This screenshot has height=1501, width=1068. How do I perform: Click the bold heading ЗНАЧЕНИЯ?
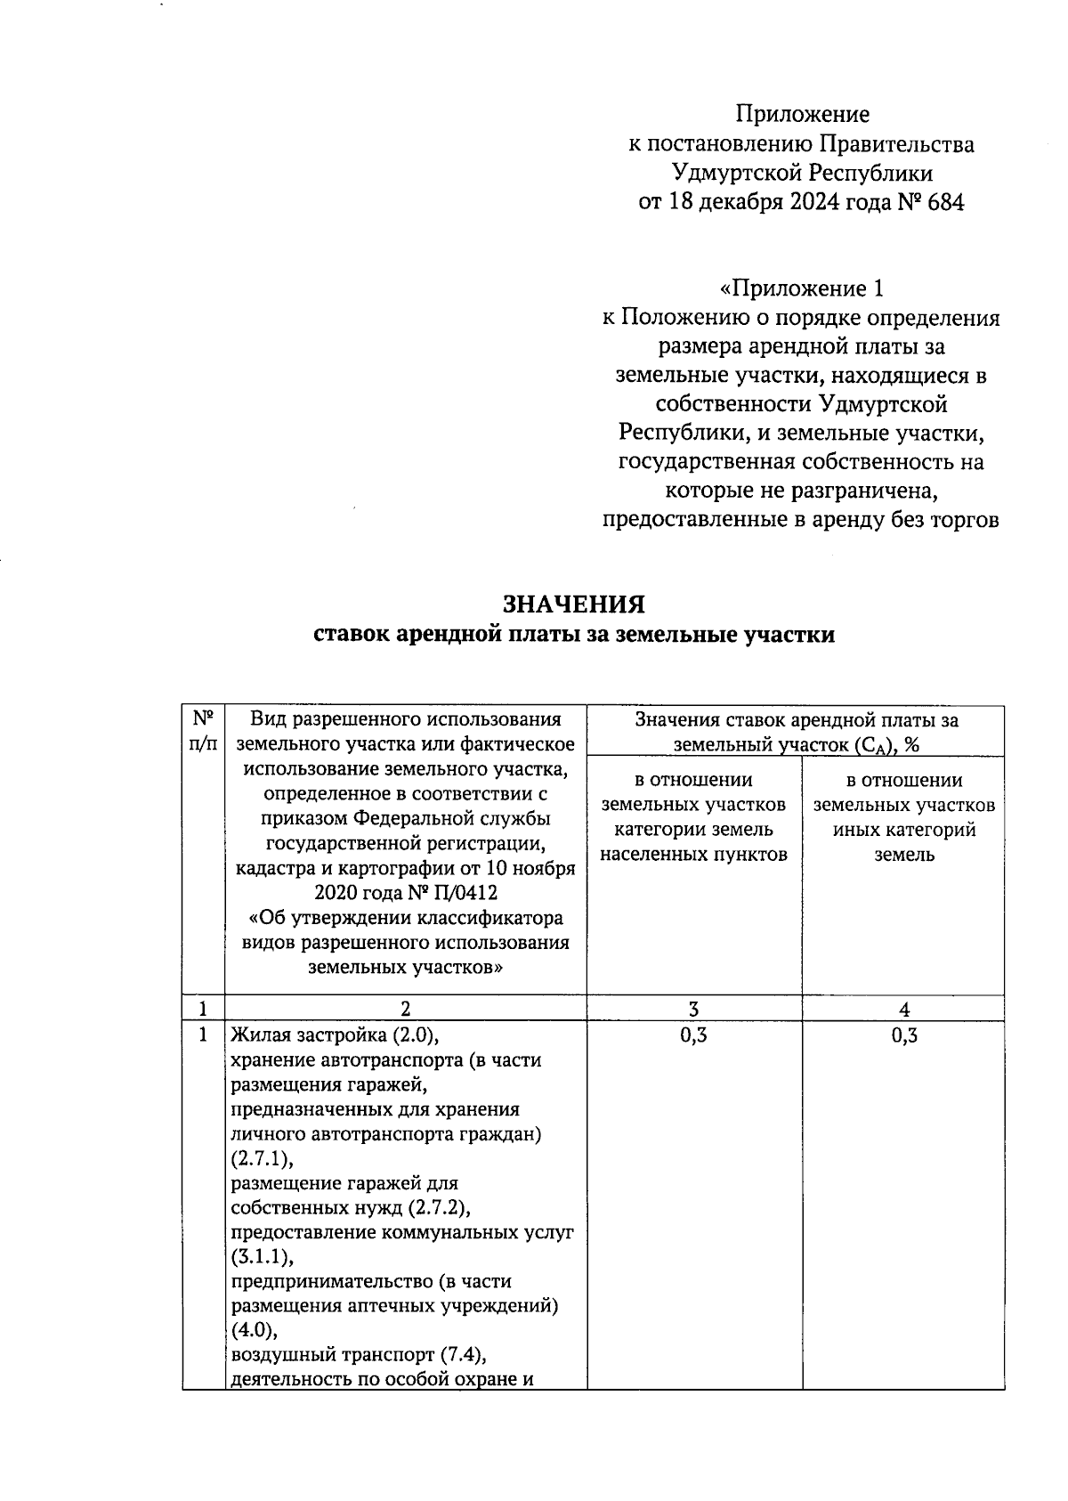point(574,604)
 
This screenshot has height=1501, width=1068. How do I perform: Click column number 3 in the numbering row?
point(693,1009)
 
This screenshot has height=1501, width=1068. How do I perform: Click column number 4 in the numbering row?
point(904,1009)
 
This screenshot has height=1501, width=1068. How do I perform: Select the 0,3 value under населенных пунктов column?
point(693,1034)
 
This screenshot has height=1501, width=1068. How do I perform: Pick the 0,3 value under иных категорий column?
point(904,1034)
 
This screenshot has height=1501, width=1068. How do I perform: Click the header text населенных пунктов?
point(693,855)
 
